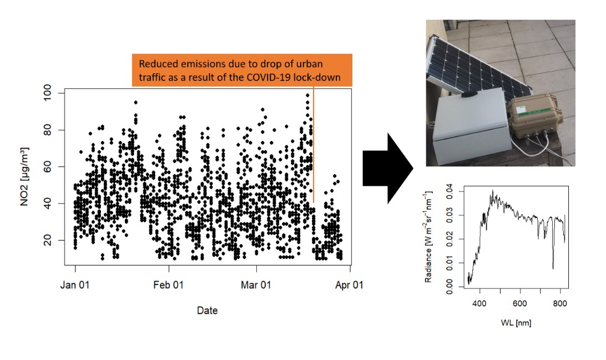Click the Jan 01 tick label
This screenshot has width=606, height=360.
[75, 285]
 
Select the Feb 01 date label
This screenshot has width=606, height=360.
[169, 285]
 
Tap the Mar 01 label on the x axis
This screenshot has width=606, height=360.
[256, 285]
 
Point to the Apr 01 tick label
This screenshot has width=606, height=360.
[350, 285]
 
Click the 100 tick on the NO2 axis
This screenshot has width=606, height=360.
[48, 93]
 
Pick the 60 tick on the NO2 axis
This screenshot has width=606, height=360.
[48, 166]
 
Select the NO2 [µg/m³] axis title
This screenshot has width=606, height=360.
[24, 176]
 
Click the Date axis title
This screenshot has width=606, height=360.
[207, 311]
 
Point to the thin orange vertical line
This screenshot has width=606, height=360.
[313, 144]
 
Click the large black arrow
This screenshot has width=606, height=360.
[388, 169]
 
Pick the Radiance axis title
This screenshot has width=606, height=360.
[428, 236]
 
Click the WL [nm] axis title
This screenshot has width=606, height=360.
[516, 322]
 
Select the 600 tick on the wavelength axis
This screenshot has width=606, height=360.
[520, 303]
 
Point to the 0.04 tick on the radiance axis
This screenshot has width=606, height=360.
[450, 191]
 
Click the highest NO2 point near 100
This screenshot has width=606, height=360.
[307, 95]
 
